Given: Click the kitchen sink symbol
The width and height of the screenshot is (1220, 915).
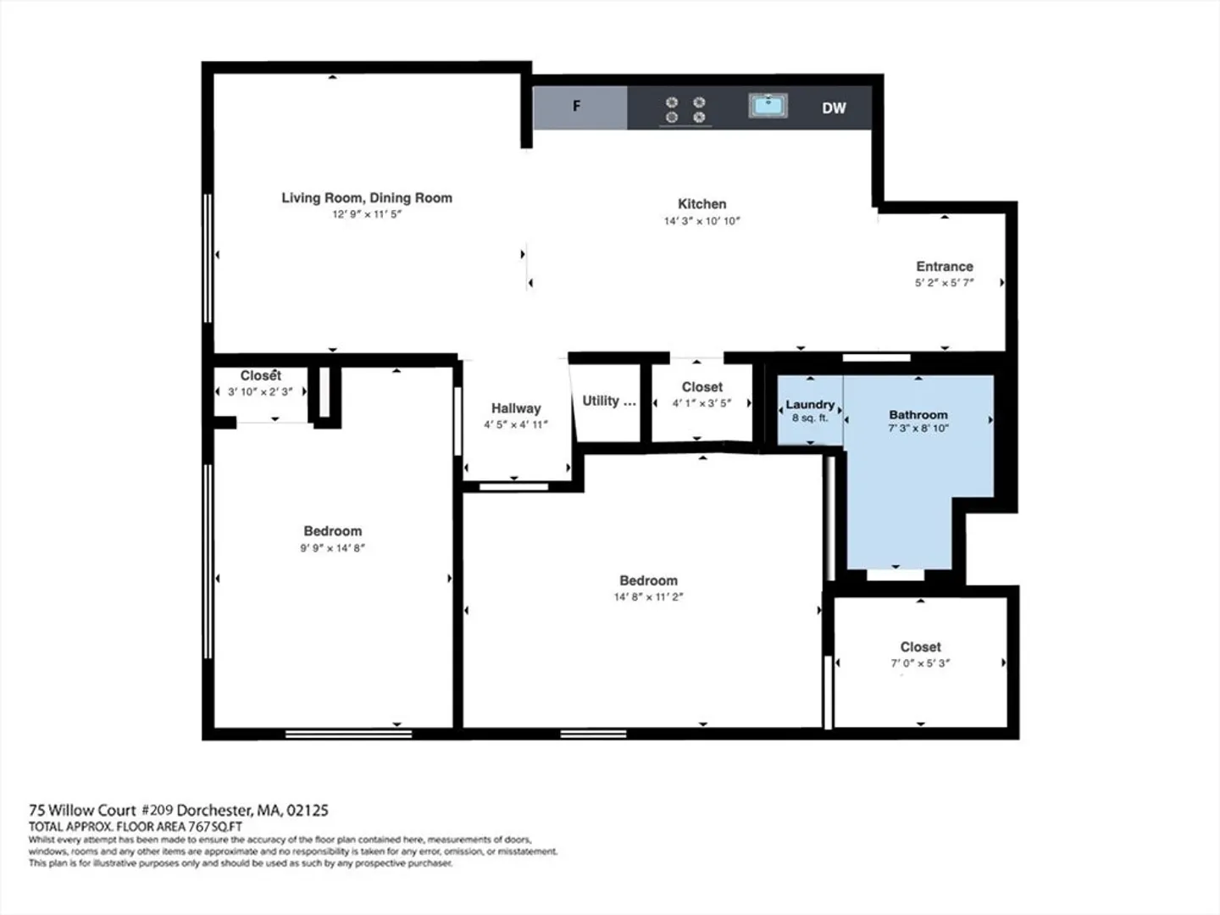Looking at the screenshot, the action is coord(768,106).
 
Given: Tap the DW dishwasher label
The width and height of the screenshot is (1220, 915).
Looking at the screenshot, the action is coord(834,108).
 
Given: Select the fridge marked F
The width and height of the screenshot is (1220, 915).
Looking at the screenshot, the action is coord(579,108).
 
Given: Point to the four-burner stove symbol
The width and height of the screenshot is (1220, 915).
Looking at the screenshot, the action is coord(685,109).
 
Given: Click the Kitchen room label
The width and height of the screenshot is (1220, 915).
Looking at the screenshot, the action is coord(702,204).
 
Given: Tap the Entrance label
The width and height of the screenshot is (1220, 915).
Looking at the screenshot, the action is coord(945,267).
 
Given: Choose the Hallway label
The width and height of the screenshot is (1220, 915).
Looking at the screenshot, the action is coord(516,408).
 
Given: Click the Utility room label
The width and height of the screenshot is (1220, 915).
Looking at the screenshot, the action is coord(608,401).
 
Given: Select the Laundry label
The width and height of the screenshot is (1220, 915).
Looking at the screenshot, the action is coord(810,404).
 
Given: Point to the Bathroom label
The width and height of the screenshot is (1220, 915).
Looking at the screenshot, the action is coord(918,414).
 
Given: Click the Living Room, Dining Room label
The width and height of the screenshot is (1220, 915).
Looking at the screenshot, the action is coord(367,197).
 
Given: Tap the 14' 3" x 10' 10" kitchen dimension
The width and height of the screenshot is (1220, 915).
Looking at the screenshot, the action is coord(702,221).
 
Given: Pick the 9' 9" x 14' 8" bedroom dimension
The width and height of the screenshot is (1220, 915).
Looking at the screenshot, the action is coord(332,548).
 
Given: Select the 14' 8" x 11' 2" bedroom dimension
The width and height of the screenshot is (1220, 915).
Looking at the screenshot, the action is coord(648,597).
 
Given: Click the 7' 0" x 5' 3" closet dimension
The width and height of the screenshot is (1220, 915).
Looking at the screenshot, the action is coord(920,663).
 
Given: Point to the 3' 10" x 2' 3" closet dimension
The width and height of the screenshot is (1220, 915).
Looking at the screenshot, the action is coord(260,391).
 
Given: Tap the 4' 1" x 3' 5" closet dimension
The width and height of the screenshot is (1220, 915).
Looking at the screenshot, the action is coord(702,402).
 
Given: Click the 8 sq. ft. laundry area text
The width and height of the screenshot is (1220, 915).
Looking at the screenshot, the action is coord(810,418).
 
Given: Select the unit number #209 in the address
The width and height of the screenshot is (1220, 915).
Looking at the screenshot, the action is coord(158,810).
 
